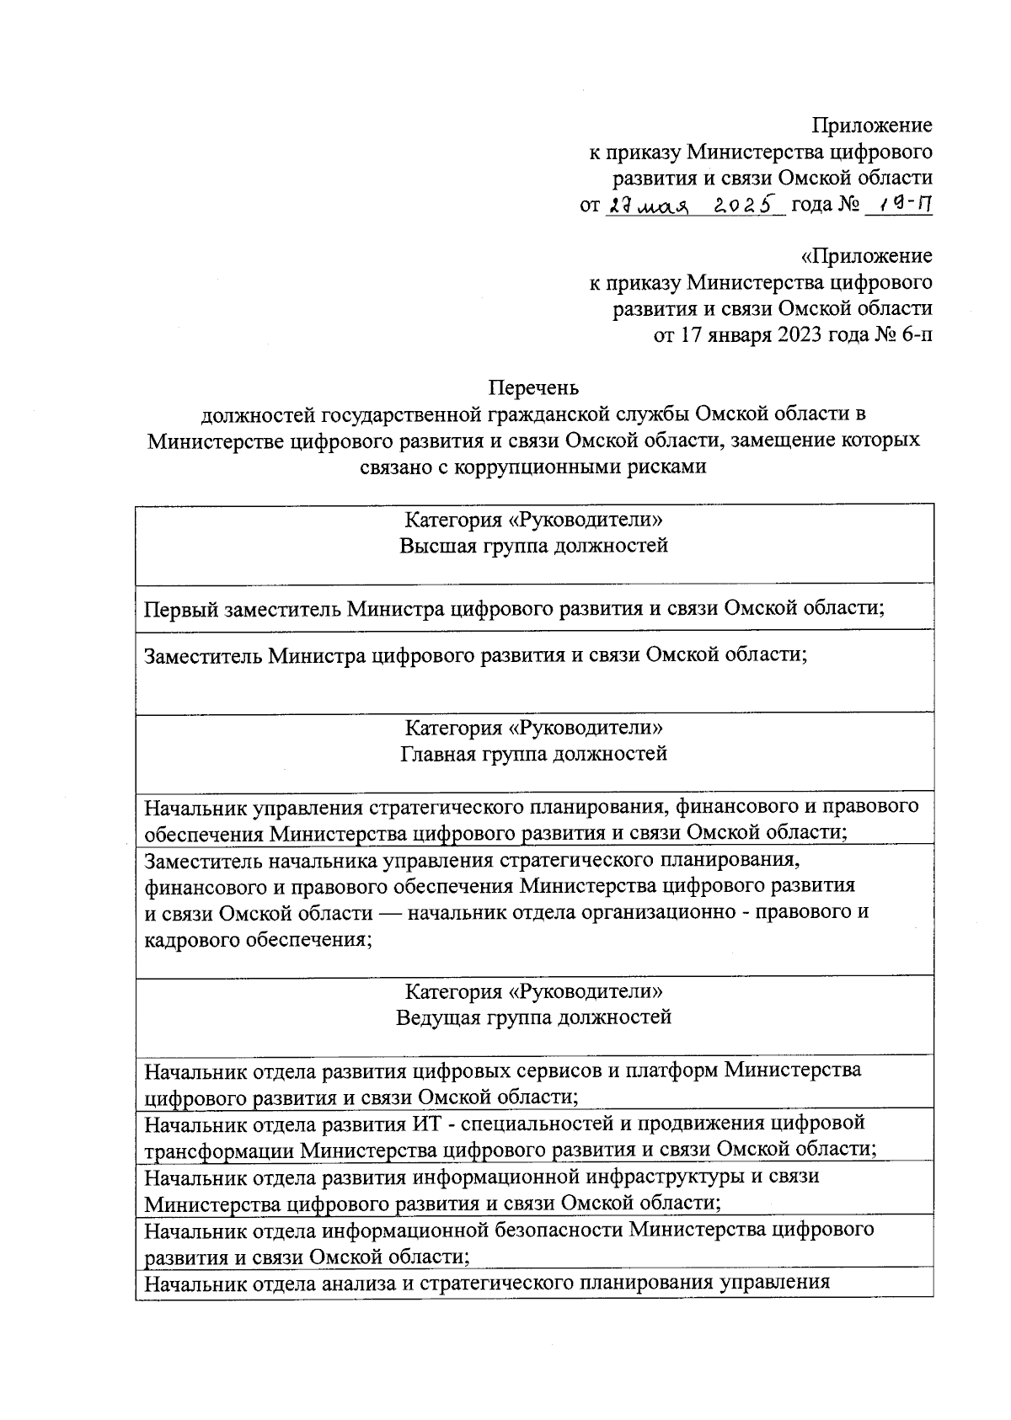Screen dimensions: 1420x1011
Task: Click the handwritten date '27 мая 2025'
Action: pos(695,205)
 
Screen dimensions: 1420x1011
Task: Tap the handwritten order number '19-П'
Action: pos(900,205)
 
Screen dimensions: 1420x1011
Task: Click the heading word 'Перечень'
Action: pos(534,387)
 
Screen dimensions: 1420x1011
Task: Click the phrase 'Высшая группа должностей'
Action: pos(533,546)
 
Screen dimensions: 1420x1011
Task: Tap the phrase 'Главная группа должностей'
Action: pos(533,753)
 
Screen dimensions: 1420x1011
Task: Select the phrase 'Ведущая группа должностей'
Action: pos(533,1017)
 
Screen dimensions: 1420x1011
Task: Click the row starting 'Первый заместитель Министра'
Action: pos(514,609)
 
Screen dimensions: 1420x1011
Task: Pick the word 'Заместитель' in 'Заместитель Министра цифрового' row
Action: pos(203,655)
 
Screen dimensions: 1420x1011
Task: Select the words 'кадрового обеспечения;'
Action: pos(259,939)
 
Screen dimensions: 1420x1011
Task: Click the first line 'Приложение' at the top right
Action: pos(872,125)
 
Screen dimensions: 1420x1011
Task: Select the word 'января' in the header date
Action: pos(736,335)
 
